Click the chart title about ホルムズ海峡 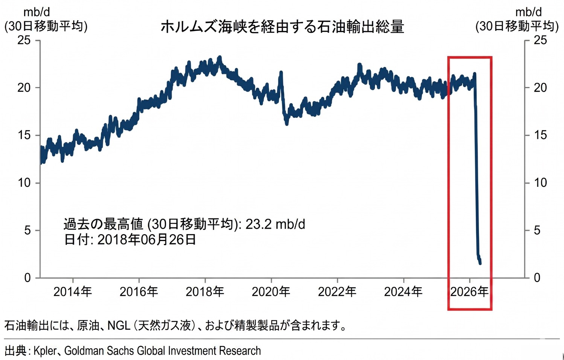click(282, 27)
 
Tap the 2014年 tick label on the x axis click(73, 291)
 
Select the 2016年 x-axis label click(139, 291)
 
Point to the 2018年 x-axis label click(205, 291)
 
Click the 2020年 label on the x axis click(271, 291)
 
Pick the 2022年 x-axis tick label click(337, 291)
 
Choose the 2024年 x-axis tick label click(403, 291)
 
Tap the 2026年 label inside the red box click(469, 291)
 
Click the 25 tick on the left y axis click(24, 40)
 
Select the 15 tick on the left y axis click(24, 135)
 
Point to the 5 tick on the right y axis click(537, 230)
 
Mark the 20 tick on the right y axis click(540, 87)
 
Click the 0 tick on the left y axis click(27, 278)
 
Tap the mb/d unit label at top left click(37, 12)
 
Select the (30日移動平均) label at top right click(517, 26)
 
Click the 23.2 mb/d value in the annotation click(275, 224)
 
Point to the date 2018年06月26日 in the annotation click(147, 239)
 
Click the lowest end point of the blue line click(480, 263)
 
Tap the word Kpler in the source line click(45, 351)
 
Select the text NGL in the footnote click(119, 325)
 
